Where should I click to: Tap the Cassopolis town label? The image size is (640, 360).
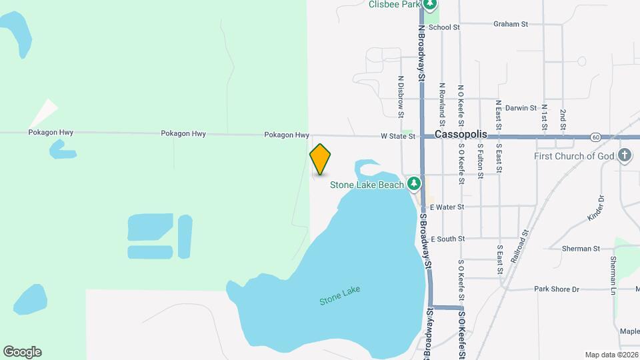coord(461,134)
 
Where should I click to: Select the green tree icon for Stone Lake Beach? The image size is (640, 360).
coord(414,183)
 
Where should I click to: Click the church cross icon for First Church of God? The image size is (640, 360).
coord(625,156)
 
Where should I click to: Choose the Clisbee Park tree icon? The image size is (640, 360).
coord(431,5)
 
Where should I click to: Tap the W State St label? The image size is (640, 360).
coord(398,136)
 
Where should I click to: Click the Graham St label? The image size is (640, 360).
coord(510,24)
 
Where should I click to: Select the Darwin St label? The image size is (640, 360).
coord(520,107)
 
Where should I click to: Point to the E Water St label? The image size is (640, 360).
coord(446,207)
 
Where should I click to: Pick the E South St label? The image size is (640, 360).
coord(447,239)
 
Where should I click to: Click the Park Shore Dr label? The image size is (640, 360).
coord(557,289)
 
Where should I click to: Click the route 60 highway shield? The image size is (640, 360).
coord(595,137)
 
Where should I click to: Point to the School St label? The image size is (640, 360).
coord(444,27)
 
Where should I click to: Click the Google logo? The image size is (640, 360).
coord(22,352)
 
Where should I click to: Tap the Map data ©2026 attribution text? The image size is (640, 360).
coord(611,355)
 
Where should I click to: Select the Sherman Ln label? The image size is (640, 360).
coord(612,273)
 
